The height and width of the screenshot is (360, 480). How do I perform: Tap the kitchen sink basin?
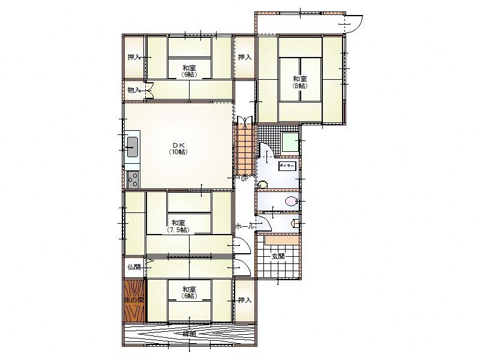[x=132, y=146]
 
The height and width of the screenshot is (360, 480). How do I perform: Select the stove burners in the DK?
[x=132, y=179]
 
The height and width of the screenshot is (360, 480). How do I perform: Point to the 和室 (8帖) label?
[x=300, y=82]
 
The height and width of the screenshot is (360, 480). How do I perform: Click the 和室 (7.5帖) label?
[x=178, y=226]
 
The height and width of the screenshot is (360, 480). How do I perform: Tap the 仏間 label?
[x=134, y=267]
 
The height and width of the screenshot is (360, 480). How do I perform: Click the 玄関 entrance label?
[x=278, y=256]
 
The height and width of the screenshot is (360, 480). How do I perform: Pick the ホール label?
[x=244, y=226]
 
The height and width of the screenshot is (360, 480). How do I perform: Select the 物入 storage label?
[x=134, y=90]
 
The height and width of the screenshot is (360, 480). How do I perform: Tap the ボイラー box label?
[x=287, y=165]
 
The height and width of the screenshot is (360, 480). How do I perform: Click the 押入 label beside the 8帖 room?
[x=244, y=58]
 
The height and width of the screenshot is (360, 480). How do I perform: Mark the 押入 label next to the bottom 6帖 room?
[x=244, y=300]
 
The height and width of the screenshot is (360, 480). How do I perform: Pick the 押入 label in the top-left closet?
[x=134, y=58]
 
